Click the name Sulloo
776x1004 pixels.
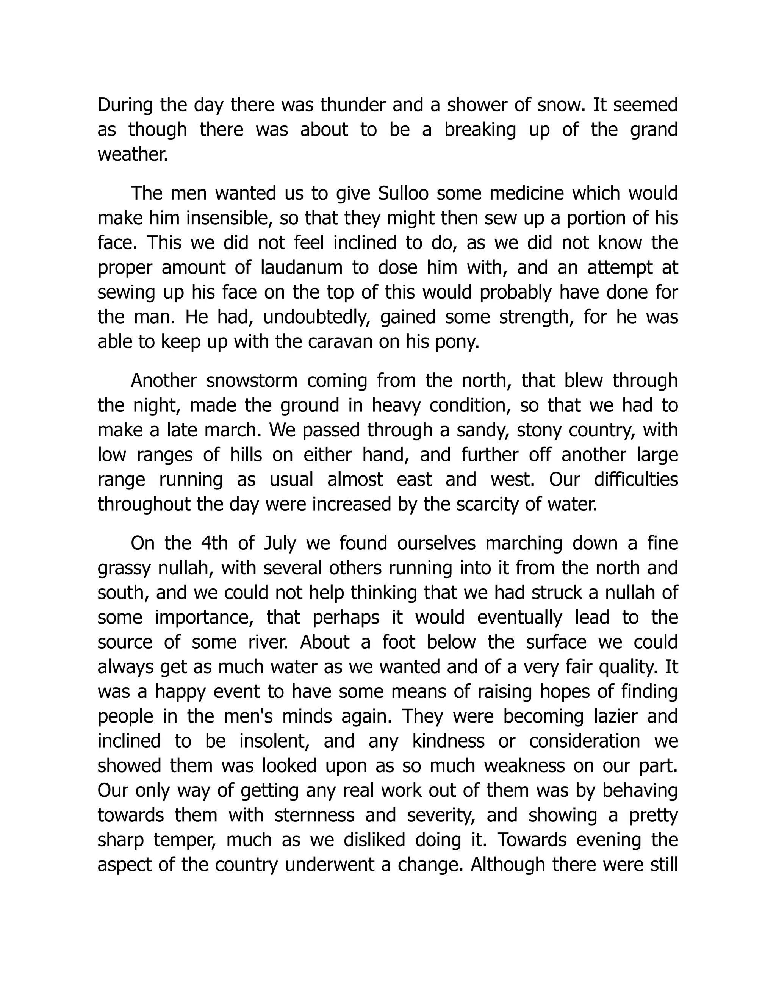click(403, 194)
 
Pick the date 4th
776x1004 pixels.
click(214, 543)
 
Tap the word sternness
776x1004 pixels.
click(314, 815)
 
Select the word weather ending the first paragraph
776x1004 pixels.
click(132, 155)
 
